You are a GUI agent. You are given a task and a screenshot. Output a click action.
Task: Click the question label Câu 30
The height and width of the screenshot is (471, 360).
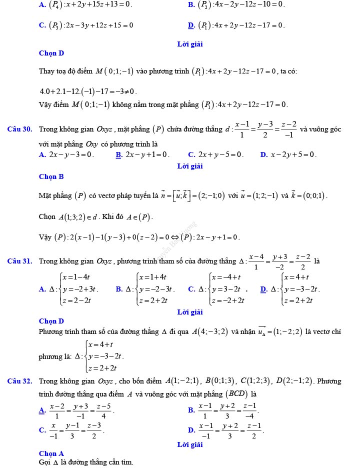tap(20, 129)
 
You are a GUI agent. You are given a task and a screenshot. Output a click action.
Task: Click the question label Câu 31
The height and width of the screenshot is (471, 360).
tap(20, 261)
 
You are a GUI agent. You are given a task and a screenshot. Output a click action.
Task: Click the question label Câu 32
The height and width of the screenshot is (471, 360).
tap(20, 381)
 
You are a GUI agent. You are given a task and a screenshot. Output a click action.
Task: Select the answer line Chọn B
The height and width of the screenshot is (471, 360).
tap(51, 176)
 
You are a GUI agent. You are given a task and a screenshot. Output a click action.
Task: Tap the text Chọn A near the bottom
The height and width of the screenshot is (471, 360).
tap(51, 453)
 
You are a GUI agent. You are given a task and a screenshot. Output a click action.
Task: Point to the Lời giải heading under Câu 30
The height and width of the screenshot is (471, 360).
tap(190, 166)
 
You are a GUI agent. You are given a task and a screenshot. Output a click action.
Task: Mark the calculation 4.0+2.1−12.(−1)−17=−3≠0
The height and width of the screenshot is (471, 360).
tap(88, 91)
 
